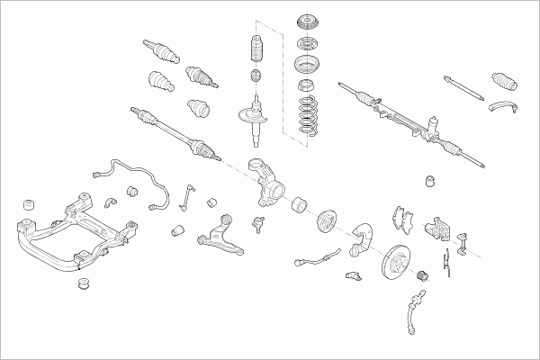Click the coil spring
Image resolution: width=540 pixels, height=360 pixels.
[309, 115]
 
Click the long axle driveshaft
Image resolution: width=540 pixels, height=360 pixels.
[176, 131]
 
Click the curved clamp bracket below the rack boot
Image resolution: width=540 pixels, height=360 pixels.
[503, 109]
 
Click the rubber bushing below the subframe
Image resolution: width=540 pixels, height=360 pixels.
[87, 285]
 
